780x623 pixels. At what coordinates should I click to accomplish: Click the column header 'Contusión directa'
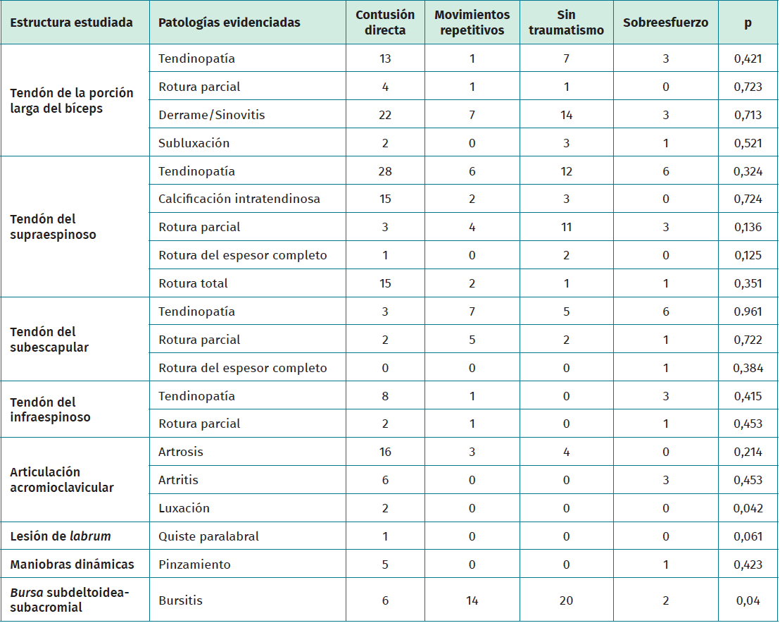385,23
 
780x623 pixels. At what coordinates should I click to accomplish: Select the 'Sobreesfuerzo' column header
665,23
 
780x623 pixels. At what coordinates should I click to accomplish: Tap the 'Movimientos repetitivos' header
472,23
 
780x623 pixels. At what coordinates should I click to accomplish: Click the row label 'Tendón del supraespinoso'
44,227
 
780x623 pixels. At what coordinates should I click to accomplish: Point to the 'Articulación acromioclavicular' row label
62,480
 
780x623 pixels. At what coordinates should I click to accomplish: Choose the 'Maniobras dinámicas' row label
72,565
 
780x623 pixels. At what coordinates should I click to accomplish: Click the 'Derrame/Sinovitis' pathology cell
212,115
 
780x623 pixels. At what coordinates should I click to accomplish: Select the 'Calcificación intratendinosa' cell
239,199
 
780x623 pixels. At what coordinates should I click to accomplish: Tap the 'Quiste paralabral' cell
209,536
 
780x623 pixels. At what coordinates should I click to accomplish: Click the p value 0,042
748,508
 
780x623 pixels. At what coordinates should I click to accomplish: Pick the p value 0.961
748,311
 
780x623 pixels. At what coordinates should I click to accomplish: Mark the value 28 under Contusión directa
385,171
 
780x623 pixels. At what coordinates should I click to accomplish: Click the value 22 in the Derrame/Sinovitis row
385,115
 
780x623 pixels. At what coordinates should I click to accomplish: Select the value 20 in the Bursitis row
567,600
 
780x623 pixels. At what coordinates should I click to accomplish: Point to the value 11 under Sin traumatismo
567,227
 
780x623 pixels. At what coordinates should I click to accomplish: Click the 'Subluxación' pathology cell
194,143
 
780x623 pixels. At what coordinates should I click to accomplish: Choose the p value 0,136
748,227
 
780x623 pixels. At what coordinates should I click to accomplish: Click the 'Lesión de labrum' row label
61,536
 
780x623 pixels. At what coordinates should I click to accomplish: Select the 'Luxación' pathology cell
184,508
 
